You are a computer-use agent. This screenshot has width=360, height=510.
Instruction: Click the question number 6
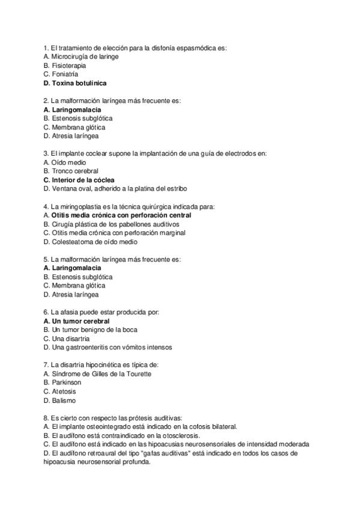(46, 312)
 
